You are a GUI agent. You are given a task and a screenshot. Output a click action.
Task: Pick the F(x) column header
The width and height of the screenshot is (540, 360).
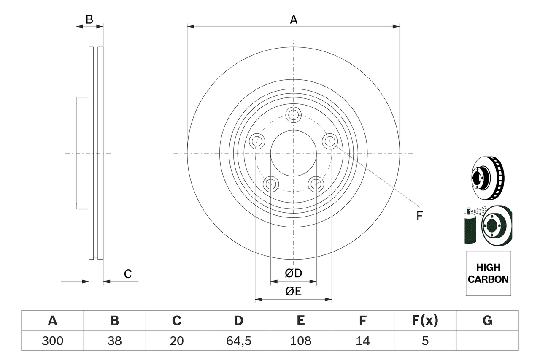tap(425, 321)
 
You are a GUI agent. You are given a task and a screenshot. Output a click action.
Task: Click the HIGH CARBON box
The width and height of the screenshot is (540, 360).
tap(488, 273)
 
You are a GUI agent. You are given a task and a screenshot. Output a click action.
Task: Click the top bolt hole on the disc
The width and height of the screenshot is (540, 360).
tap(293, 114)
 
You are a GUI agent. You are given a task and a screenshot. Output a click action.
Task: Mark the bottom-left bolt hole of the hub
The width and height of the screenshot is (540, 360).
tap(270, 184)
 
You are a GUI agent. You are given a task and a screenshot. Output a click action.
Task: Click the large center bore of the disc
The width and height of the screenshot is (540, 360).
tap(293, 153)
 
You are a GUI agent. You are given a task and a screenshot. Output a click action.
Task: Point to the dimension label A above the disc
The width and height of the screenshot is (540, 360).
tap(293, 19)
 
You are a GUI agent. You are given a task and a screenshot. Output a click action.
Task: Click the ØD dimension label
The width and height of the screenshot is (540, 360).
tap(294, 273)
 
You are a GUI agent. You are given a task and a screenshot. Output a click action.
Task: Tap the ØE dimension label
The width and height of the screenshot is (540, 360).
tap(294, 292)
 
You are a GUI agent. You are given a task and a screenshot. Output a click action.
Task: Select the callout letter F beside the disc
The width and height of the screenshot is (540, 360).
tap(419, 216)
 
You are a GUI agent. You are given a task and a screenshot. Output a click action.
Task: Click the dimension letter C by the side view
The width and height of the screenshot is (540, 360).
tap(128, 274)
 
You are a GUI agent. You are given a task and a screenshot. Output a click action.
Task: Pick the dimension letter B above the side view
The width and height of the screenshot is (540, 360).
tap(89, 19)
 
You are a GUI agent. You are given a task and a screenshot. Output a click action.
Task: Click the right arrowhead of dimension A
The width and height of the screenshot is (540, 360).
tap(396, 27)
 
